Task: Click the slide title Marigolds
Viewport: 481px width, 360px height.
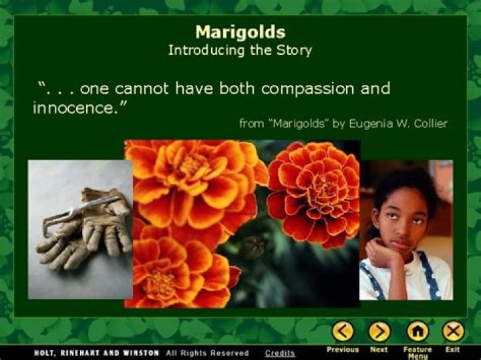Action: click(240, 32)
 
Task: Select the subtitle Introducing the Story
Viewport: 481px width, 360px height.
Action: click(240, 50)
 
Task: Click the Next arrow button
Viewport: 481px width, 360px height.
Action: click(379, 331)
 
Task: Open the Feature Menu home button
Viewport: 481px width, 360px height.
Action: click(418, 331)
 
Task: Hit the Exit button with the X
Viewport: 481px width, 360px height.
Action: click(453, 331)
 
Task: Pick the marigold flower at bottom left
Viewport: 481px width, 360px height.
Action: click(167, 274)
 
